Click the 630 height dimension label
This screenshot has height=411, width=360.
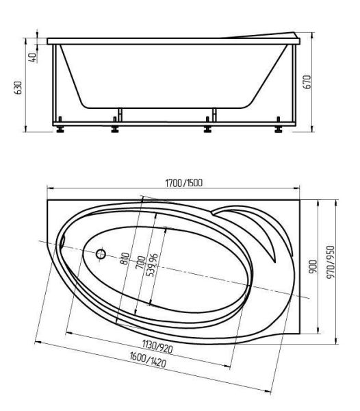coord(18,88)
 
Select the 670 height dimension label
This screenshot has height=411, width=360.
coord(307,82)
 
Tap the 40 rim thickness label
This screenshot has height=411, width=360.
coord(32,57)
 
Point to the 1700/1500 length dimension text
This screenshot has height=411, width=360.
coord(184,183)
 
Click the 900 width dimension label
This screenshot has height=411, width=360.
coord(313,266)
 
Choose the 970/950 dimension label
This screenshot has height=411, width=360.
coord(331,262)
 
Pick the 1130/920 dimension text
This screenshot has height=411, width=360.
coord(157,346)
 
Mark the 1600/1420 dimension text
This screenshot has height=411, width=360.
coord(148,360)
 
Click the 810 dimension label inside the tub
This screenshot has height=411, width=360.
coord(125,258)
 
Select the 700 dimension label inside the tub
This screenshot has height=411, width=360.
coord(141,262)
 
